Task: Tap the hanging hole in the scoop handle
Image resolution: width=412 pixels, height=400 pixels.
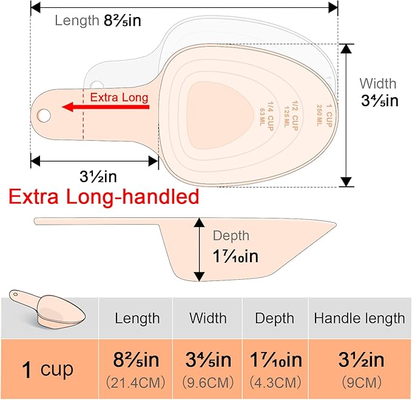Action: [x=44, y=114]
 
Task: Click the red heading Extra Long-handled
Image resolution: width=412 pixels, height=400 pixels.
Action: [x=104, y=197]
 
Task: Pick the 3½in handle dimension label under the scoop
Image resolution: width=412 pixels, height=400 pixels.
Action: [x=98, y=177]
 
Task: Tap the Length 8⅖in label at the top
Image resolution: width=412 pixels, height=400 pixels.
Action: [x=98, y=21]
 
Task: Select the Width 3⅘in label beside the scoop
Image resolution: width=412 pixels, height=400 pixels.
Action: [x=379, y=92]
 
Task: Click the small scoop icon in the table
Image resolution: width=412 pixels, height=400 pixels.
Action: [x=47, y=311]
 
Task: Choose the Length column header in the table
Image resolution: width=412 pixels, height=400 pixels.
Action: [x=137, y=318]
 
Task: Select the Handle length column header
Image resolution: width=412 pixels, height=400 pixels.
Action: [x=359, y=318]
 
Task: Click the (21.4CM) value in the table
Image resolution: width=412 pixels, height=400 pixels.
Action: [x=137, y=383]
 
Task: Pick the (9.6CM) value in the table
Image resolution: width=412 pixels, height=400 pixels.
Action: [x=208, y=383]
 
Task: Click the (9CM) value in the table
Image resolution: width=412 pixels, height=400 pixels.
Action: [x=360, y=383]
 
